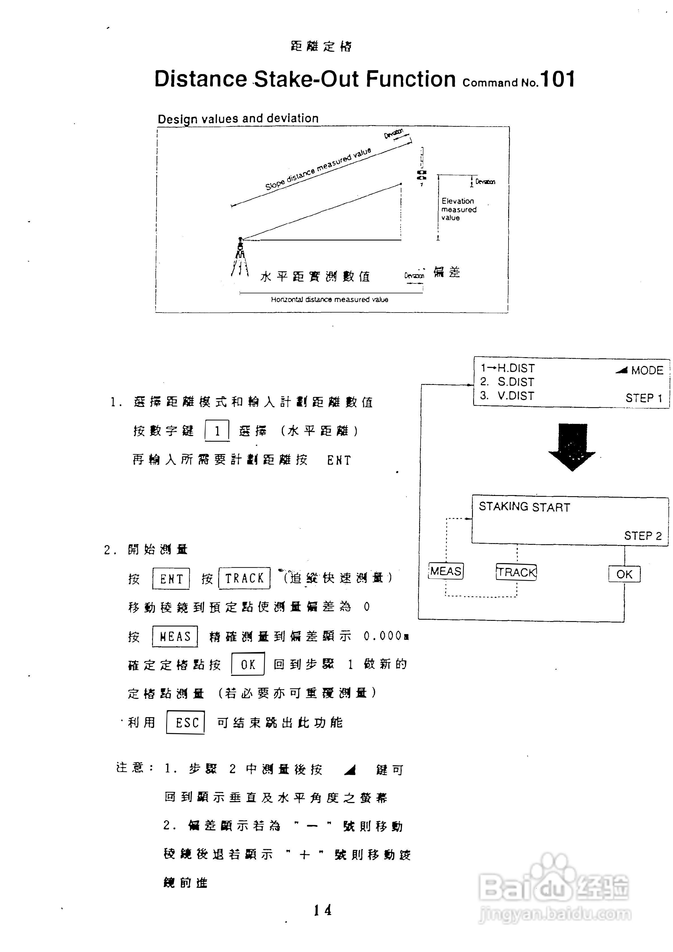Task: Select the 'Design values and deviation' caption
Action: pos(238,119)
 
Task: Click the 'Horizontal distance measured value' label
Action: pos(329,299)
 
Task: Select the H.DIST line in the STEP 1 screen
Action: pos(508,368)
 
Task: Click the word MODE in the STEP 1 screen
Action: pos(647,370)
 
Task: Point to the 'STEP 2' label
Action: pos(643,536)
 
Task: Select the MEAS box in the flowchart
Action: pos(446,571)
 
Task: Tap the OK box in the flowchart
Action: pos(624,574)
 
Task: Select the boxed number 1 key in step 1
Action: pos(217,431)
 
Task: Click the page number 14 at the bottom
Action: pos(322,910)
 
